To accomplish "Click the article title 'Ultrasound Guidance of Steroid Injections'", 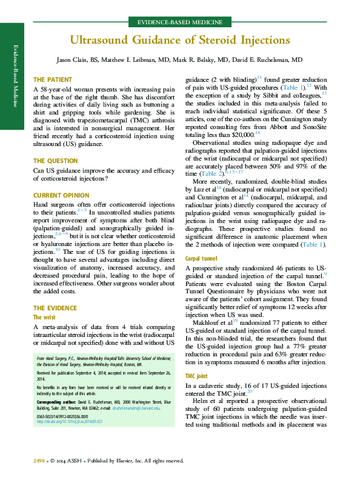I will click(x=180, y=41).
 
